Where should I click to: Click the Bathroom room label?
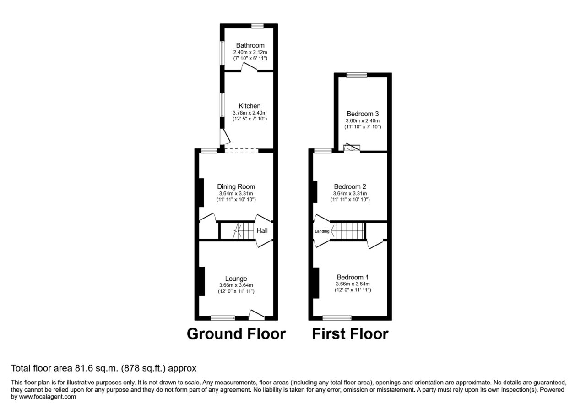click(250, 45)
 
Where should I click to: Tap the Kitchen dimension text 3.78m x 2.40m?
click(250, 113)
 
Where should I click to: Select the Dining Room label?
click(236, 186)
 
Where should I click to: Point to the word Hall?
click(262, 231)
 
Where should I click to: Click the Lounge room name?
click(236, 279)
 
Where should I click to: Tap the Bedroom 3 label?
click(363, 114)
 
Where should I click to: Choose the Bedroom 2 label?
click(350, 186)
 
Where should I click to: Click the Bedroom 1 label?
click(353, 277)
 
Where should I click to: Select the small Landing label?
click(322, 231)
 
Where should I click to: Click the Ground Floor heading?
click(236, 334)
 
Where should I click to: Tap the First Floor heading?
click(350, 334)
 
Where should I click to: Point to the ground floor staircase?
click(243, 231)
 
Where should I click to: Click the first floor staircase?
click(347, 231)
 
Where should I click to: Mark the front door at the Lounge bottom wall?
click(256, 315)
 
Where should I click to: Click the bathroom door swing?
click(250, 67)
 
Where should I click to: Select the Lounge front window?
click(223, 318)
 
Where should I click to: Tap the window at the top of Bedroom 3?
click(357, 75)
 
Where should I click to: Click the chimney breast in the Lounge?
click(202, 281)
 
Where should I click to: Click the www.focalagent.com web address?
click(48, 397)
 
